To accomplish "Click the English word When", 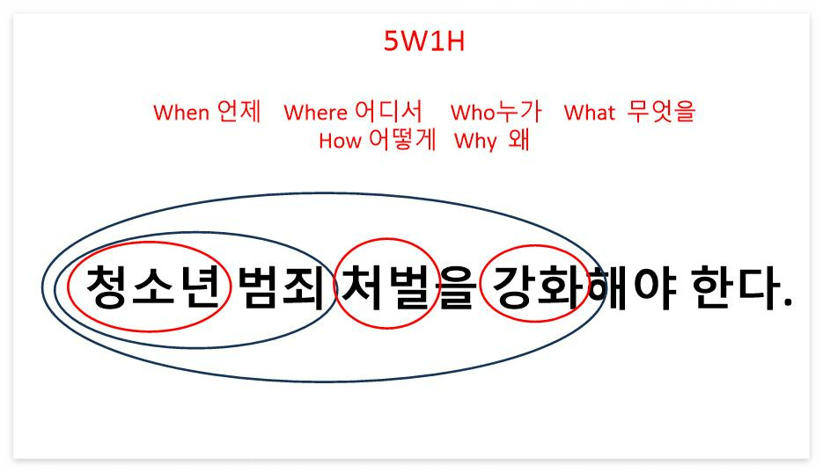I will coord(180,113).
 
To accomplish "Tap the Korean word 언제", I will coord(239,113).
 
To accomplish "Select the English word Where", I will coord(316,113).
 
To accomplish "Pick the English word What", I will coord(589,113).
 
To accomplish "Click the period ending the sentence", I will coord(787,304).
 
